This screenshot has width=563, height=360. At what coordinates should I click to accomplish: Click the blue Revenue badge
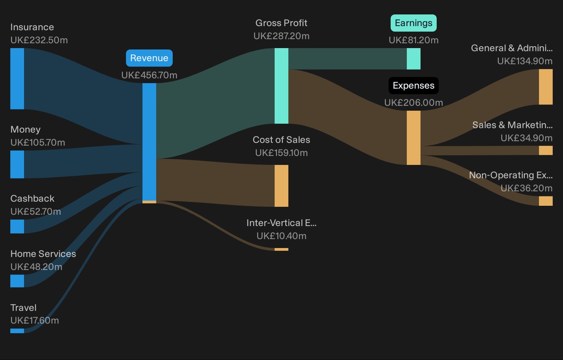click(149, 58)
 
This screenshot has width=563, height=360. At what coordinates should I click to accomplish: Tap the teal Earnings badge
click(414, 23)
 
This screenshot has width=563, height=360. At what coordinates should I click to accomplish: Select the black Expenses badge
click(414, 86)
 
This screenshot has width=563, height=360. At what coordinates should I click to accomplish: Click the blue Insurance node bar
click(17, 79)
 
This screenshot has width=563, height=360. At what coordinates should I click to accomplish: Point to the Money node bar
click(17, 164)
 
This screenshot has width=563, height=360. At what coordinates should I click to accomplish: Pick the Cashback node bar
click(17, 227)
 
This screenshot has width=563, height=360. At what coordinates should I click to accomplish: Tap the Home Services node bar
click(17, 281)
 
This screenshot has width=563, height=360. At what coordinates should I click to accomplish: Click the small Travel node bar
click(17, 331)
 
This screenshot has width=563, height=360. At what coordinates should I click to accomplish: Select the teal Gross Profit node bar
click(281, 86)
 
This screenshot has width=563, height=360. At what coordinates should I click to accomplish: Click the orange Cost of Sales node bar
click(281, 186)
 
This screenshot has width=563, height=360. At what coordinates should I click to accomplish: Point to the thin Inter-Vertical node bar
click(281, 249)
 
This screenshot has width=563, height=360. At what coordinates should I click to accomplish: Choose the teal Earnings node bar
click(414, 59)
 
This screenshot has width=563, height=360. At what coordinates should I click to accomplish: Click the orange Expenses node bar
click(414, 138)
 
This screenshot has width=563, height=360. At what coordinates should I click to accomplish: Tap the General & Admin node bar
click(546, 87)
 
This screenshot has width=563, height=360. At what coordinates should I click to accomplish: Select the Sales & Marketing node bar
click(546, 150)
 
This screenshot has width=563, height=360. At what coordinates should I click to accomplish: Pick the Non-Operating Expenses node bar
click(546, 201)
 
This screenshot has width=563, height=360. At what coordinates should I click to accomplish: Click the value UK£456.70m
click(149, 75)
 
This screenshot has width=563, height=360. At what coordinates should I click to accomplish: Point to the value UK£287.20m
click(281, 36)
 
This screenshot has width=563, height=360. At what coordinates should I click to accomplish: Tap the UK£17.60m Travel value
click(35, 320)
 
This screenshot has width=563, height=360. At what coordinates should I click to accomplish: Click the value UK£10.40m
click(281, 236)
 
